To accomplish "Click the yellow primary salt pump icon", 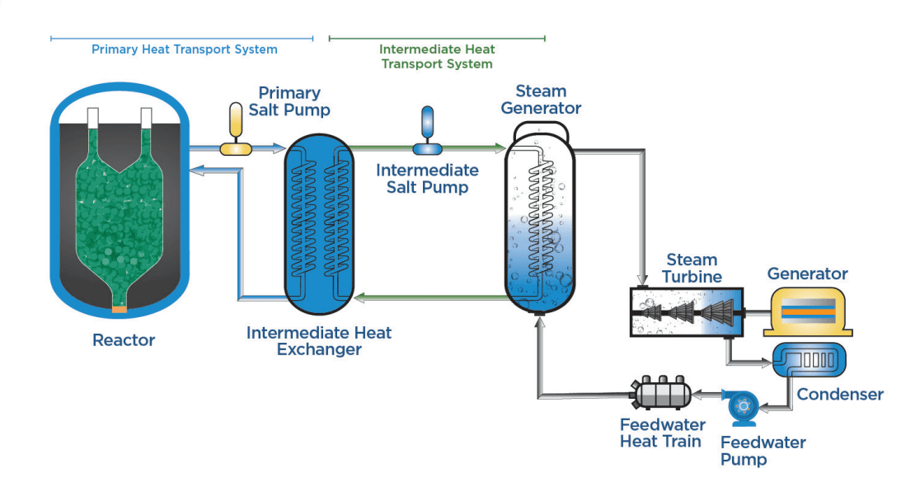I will (235, 132).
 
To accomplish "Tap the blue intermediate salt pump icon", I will (427, 132).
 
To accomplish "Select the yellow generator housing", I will (807, 311).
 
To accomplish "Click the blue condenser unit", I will (808, 359).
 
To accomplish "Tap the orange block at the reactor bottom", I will (120, 309).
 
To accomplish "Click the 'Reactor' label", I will (124, 339).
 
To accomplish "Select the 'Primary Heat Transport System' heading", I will (184, 49).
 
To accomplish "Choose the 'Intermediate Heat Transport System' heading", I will (437, 56).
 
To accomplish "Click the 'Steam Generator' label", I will (541, 100).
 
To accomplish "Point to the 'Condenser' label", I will (839, 395).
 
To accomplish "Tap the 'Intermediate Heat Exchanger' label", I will (319, 341).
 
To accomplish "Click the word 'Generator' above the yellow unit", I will (807, 274).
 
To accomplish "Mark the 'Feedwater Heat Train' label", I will (662, 433).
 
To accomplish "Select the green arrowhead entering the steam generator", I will (500, 148).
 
